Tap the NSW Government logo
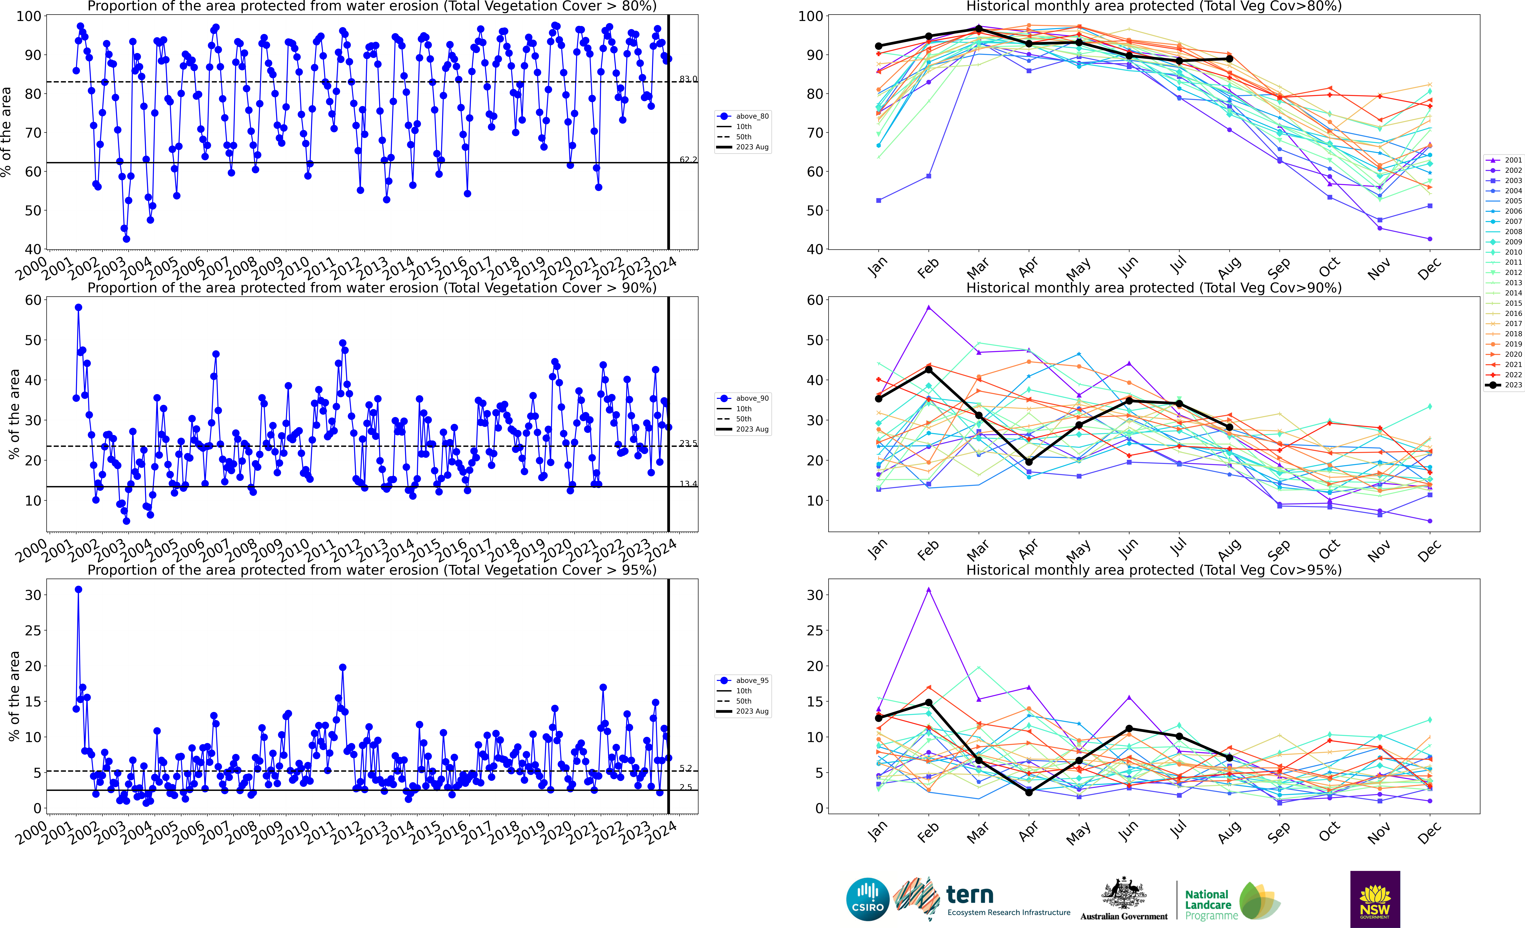pos(1375,899)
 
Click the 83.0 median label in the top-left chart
pos(688,79)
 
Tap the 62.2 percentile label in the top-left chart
pos(688,160)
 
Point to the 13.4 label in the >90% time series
pos(688,484)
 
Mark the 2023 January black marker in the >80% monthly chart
pos(878,46)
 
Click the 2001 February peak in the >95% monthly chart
pos(928,590)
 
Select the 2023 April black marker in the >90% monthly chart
pos(1029,462)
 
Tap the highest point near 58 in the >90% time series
pos(78,307)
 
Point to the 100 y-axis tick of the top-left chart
pos(29,16)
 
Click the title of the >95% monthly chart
pos(1154,570)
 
